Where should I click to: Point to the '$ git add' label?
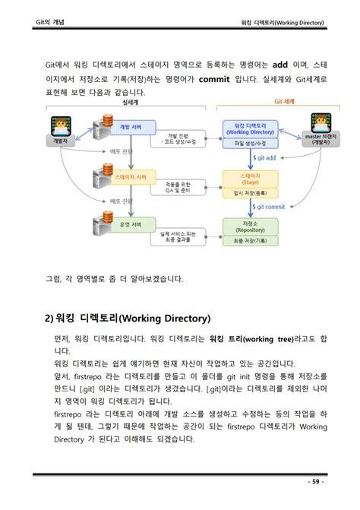click(266, 157)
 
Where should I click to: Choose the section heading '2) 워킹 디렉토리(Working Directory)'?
click(127, 318)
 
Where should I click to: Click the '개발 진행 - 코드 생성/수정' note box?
click(178, 138)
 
